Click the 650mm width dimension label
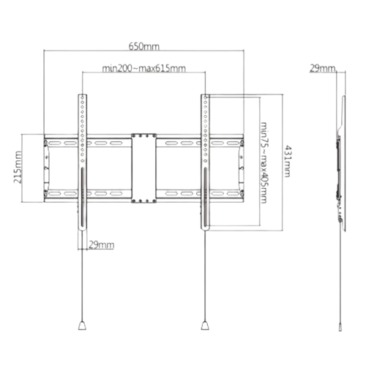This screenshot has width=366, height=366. point(144,46)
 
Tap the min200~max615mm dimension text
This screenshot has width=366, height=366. point(143,68)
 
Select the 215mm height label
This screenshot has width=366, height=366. point(18,167)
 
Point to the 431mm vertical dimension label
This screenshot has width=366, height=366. point(288,161)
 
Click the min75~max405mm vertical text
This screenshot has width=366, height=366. point(264,163)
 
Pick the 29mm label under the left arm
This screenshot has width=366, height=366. point(101,244)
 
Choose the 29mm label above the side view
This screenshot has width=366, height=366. point(323,69)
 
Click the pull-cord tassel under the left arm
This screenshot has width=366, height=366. point(82,326)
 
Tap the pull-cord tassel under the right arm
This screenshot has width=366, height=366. point(205,326)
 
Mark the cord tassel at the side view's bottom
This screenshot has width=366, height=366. point(340,326)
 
